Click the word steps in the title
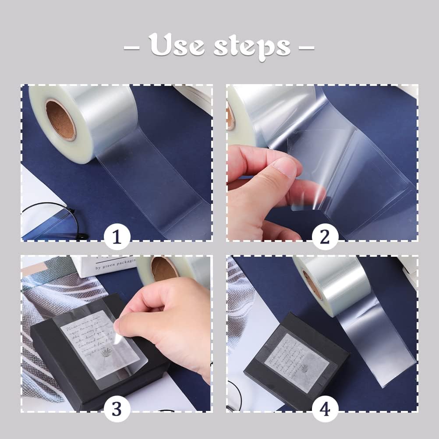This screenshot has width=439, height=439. (x=251, y=46)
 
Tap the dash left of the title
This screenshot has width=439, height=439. (x=131, y=46)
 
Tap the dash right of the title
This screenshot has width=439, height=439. (x=306, y=46)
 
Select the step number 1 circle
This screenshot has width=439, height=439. (x=117, y=237)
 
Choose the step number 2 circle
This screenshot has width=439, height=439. (x=325, y=237)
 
